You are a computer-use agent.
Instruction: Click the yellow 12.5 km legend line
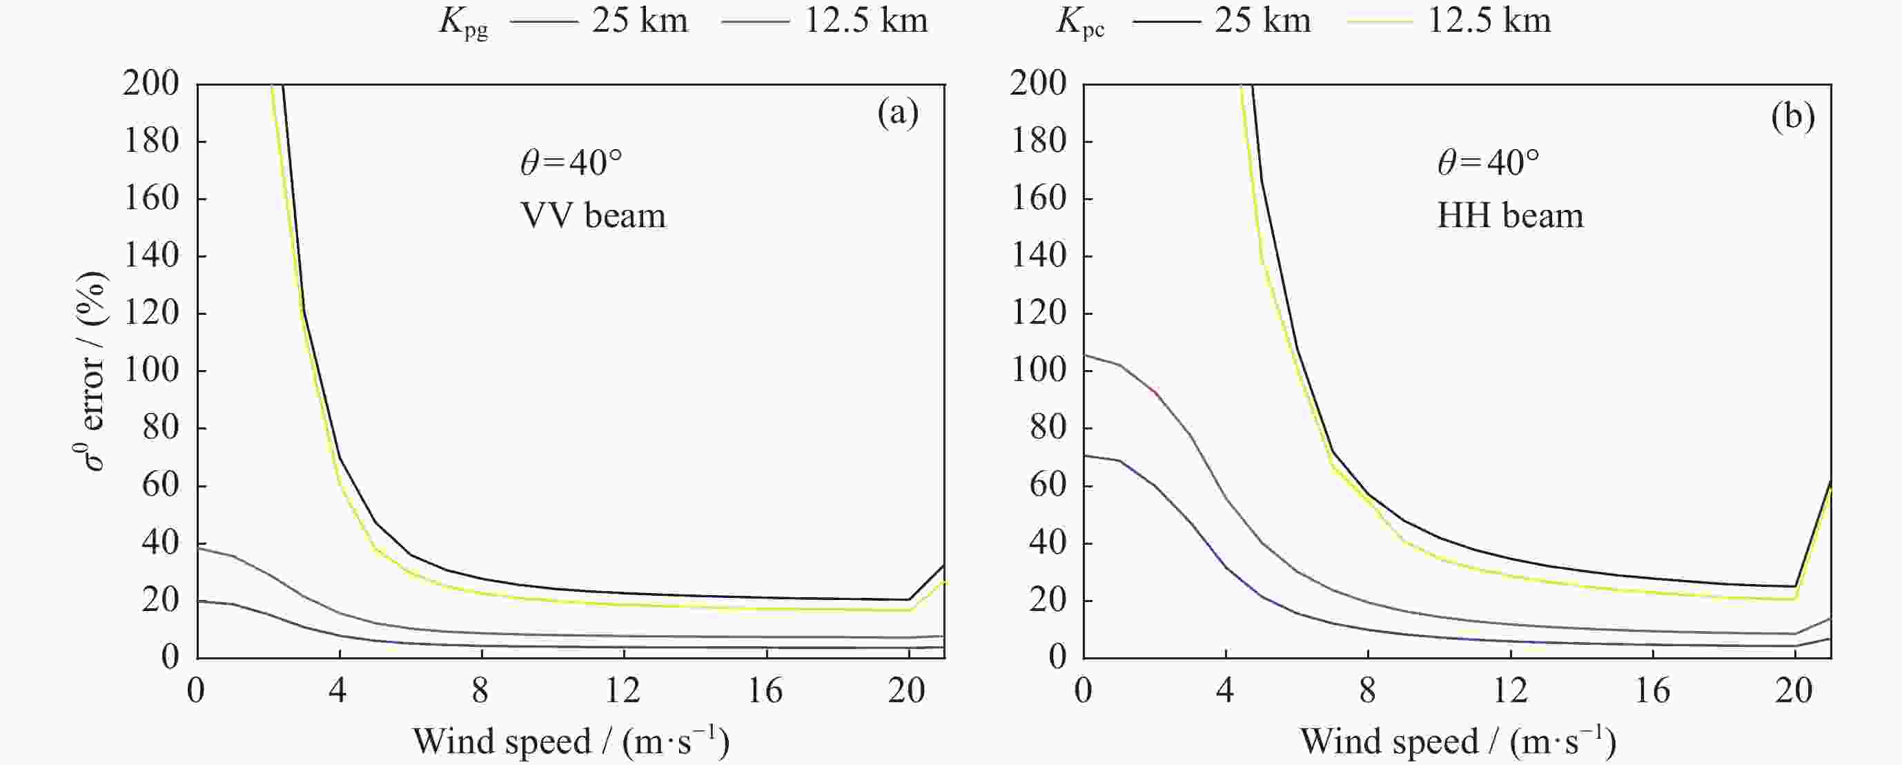coord(1380,21)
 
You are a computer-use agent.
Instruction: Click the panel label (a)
coord(898,115)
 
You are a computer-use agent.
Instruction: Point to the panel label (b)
coord(1793,117)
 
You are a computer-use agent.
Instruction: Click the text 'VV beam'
coord(593,215)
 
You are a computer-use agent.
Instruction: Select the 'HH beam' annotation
coord(1510,215)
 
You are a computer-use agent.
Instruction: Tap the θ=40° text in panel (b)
coord(1488,162)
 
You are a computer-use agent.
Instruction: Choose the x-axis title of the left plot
coord(571,742)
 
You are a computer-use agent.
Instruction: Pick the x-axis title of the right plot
coord(1458,742)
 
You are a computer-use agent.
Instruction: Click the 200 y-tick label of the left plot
coord(150,83)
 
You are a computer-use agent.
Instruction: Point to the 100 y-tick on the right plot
coord(1038,370)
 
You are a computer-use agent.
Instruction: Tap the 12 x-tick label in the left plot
coord(623,691)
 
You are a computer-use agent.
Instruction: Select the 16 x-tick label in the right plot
coord(1651,691)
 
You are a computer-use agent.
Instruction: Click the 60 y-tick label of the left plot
coord(160,485)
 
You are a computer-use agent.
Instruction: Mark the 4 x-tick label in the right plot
coord(1226,691)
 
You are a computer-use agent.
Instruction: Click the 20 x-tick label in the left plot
coord(907,691)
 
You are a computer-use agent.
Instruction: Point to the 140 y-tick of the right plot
coord(1038,255)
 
